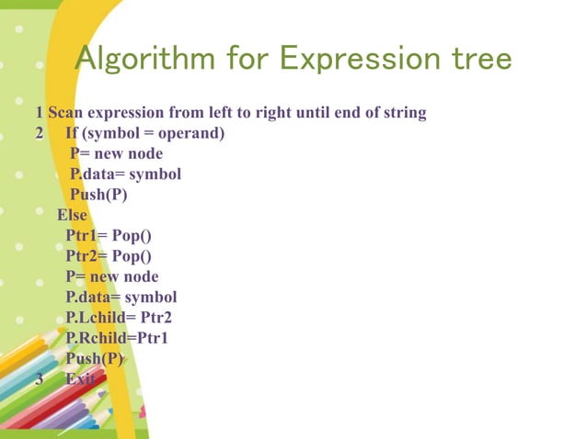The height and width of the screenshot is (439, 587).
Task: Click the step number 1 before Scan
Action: click(x=39, y=114)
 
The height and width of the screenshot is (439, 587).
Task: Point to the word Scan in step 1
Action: click(x=64, y=114)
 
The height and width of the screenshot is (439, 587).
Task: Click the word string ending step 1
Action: click(x=404, y=114)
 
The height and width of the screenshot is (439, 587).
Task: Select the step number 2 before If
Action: click(x=39, y=134)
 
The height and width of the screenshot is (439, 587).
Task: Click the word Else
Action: click(x=73, y=215)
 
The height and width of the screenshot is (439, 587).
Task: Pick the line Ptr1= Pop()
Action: click(x=109, y=235)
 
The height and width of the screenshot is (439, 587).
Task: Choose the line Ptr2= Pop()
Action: click(x=109, y=256)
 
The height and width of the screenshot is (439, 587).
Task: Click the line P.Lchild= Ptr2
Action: click(x=119, y=318)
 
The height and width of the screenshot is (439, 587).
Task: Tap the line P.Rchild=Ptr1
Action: click(x=117, y=338)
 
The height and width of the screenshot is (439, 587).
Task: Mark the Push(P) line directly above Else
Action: click(x=98, y=195)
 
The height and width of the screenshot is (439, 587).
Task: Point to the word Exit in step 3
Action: click(x=80, y=378)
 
